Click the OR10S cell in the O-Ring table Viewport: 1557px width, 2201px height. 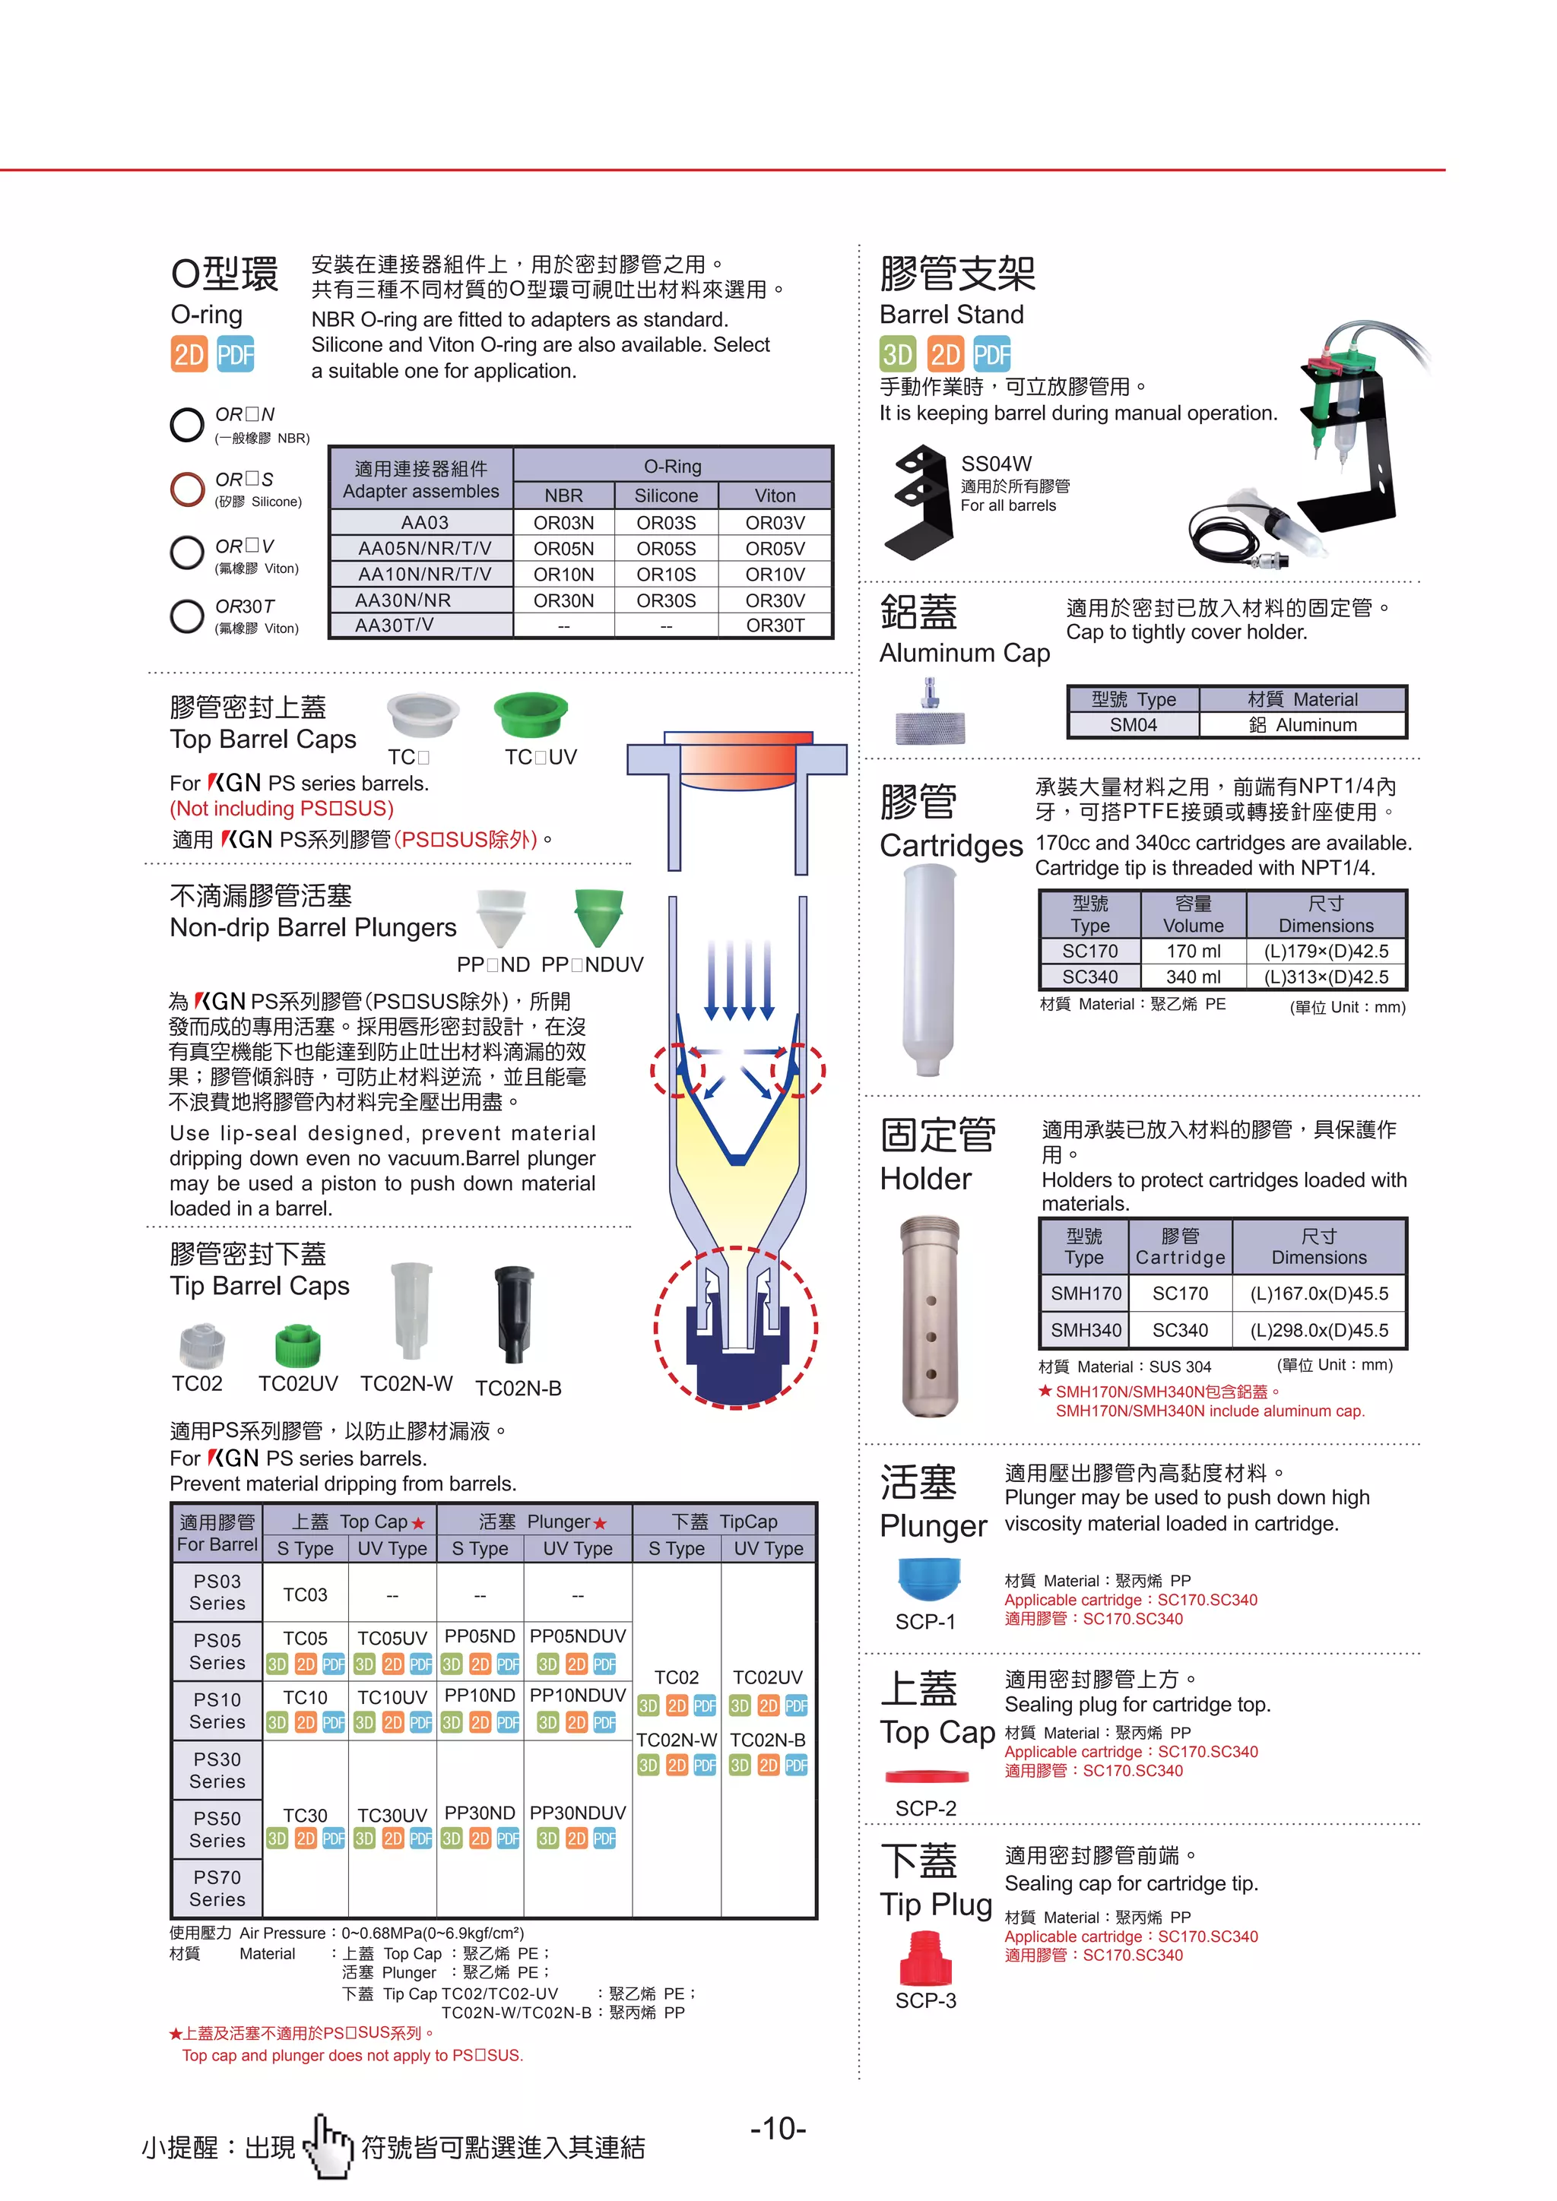point(665,575)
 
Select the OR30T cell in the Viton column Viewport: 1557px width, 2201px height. point(775,625)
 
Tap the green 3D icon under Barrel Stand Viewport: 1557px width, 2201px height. point(897,355)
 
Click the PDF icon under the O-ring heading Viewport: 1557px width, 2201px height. point(235,355)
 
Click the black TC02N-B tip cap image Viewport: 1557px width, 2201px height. point(514,1313)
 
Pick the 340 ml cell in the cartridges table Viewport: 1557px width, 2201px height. point(1193,977)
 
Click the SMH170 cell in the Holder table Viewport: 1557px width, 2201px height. point(1086,1294)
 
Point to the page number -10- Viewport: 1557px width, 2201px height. point(778,2129)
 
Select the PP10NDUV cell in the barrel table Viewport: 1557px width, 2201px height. point(577,1695)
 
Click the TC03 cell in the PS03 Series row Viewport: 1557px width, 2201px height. point(305,1595)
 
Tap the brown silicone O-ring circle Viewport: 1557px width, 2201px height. point(187,489)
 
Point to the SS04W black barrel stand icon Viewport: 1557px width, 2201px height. point(918,502)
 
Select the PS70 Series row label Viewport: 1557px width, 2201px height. point(217,1888)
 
